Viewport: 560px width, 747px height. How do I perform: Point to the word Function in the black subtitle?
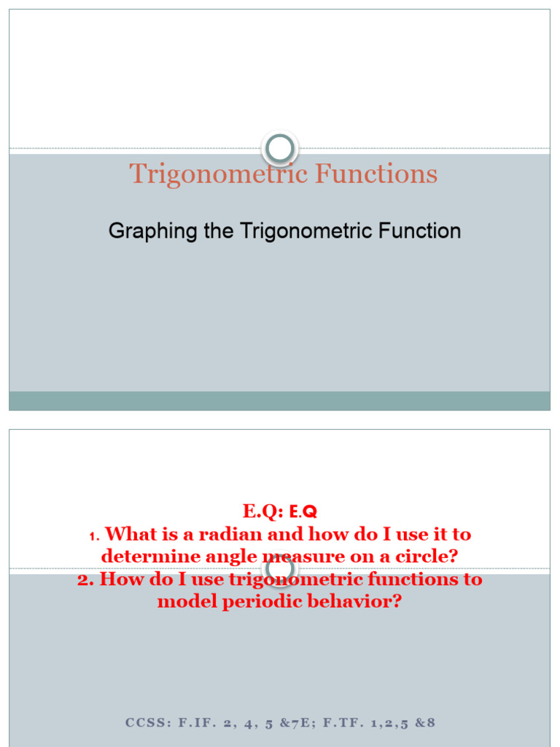tap(419, 231)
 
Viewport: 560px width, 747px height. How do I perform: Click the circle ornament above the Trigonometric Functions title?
tap(279, 149)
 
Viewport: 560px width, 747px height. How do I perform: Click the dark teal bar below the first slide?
tap(279, 400)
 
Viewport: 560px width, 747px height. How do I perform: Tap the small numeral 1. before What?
tap(93, 536)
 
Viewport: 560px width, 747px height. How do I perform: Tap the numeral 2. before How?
tap(85, 580)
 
